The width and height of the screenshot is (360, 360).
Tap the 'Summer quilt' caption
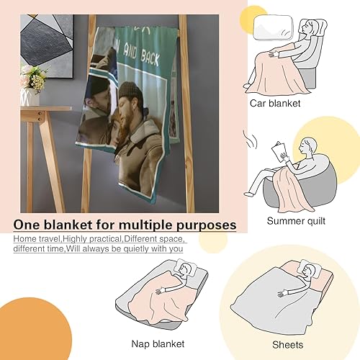pos(297,220)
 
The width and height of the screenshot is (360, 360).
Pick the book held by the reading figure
pos(282,153)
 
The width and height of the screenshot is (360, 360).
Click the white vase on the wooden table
pos(31,96)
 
